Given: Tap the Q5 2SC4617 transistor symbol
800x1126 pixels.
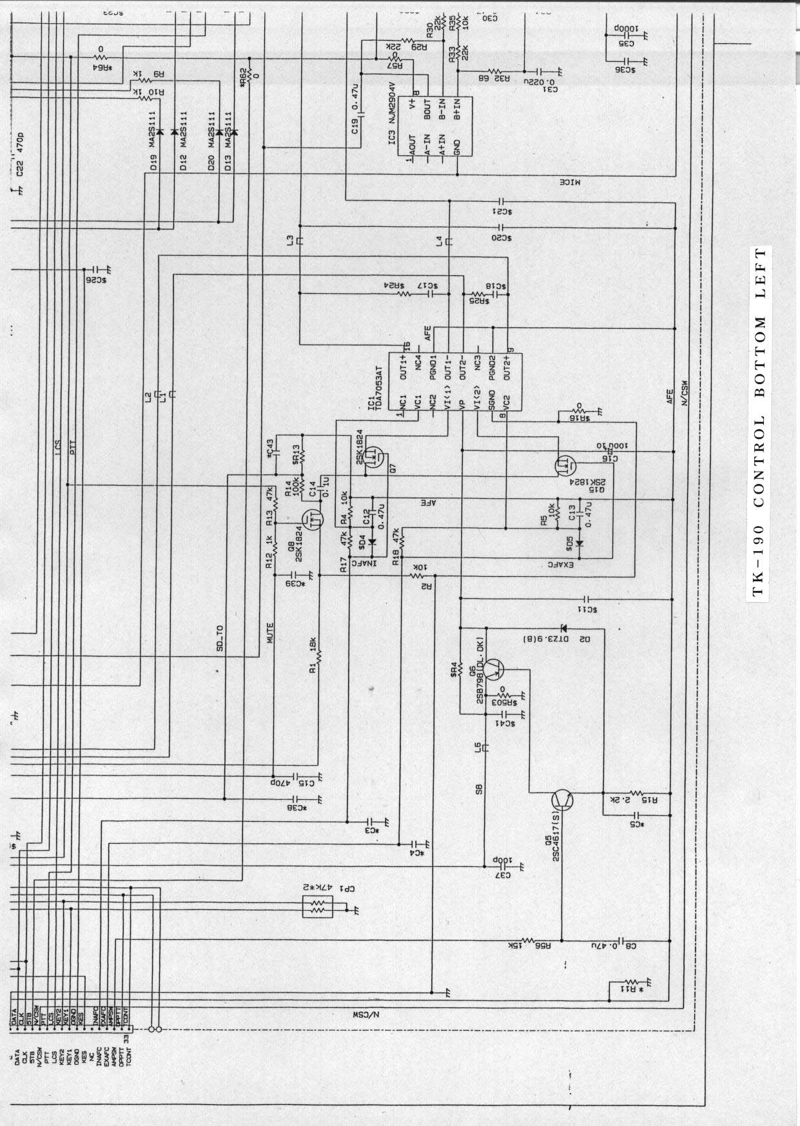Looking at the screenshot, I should pos(563,800).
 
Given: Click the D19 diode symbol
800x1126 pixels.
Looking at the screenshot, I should pos(159,132).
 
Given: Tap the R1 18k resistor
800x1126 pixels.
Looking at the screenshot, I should pos(318,657).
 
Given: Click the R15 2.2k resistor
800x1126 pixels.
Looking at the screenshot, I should pos(636,793).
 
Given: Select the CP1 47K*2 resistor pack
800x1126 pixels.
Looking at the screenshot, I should pos(317,908).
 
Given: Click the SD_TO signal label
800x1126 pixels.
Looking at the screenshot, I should pos(220,639).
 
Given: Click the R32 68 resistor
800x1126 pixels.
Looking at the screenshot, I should pos(496,72).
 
